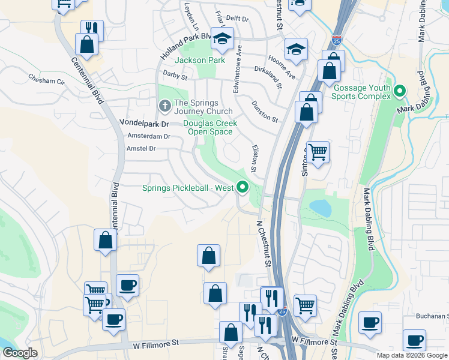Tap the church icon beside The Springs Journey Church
pos(164,106)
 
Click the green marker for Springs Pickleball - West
pos(243,188)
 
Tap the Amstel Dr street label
pos(141,148)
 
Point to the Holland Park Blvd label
pos(187,46)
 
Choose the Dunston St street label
pos(264,112)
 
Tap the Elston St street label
pos(255,159)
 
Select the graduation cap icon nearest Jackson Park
pos(221,40)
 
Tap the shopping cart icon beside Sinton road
pos(317,152)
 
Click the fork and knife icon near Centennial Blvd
pos(92,30)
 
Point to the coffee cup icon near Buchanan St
pos(370,322)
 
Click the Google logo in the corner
pos(20,353)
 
